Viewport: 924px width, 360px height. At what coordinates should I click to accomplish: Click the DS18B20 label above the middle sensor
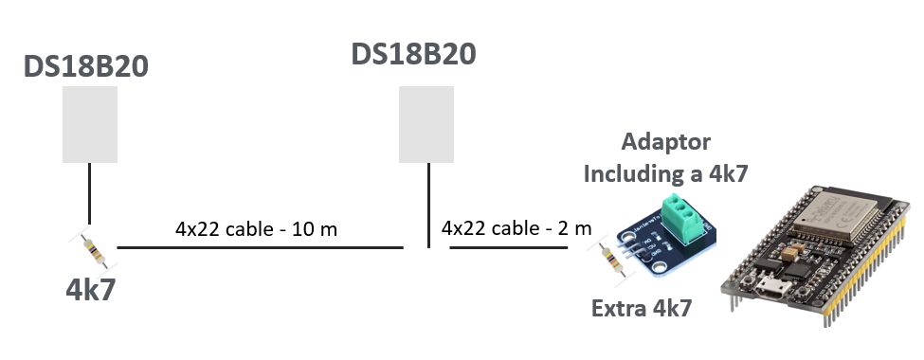(414, 52)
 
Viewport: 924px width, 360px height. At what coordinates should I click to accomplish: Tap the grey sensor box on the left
(90, 124)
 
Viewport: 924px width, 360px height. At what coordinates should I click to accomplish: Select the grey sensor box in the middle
(427, 124)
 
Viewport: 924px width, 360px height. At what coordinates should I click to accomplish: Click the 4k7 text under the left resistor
(90, 289)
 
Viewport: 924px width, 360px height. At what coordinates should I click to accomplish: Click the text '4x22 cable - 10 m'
(256, 229)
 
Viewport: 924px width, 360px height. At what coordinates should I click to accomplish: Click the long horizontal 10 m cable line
(261, 248)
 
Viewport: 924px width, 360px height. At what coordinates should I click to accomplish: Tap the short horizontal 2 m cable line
(508, 248)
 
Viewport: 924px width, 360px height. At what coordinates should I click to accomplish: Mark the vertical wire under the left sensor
(90, 195)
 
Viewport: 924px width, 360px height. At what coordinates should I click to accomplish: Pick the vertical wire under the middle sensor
(428, 205)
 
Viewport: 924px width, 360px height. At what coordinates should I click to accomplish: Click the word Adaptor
(666, 143)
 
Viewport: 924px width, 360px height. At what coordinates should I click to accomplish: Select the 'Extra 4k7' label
(642, 308)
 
